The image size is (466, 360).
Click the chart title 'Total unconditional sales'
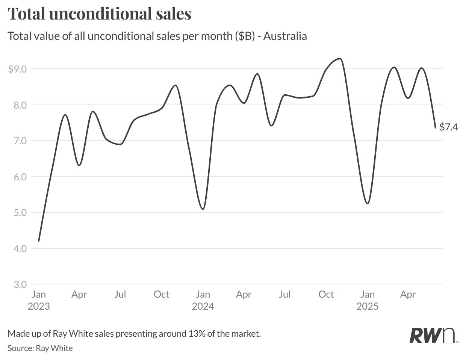[x=100, y=14]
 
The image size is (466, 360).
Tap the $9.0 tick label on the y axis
[x=18, y=69]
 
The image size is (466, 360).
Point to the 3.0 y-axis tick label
[x=20, y=284]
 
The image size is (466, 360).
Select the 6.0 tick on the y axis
[x=20, y=177]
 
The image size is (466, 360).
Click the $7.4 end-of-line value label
[x=449, y=127]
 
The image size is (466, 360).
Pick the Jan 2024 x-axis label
[x=203, y=300]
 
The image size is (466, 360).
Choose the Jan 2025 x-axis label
[x=368, y=300]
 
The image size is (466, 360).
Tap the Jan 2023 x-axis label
[x=39, y=300]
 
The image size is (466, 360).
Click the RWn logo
[x=433, y=335]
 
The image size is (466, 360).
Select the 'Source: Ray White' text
[x=40, y=348]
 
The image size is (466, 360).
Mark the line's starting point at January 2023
[x=39, y=241]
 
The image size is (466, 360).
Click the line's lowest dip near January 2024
[x=203, y=209]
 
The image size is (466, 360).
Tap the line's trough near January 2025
[x=368, y=203]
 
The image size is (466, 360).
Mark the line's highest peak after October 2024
[x=340, y=59]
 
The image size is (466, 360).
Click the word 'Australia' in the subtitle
[x=285, y=36]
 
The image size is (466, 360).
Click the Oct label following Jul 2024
[x=326, y=294]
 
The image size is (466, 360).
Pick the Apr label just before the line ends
[x=408, y=294]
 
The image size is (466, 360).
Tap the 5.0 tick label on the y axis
[x=20, y=213]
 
